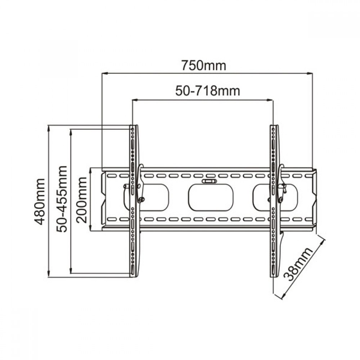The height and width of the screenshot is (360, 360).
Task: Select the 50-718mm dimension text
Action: [208, 91]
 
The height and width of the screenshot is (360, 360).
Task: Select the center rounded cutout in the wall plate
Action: [211, 198]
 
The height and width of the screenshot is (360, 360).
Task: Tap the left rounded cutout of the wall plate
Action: [151, 198]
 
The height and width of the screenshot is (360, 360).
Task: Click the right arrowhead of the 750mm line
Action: [310, 73]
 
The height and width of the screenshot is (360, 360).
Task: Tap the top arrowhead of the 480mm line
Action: [49, 127]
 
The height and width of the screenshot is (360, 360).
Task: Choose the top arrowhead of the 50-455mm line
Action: [71, 131]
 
